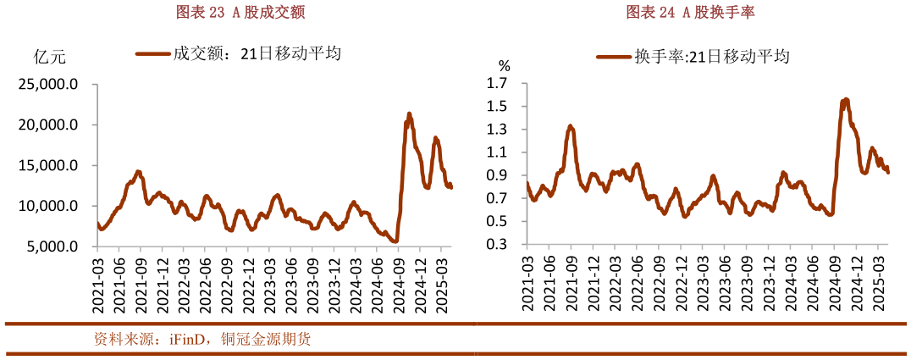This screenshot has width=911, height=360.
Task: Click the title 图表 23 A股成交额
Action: click(240, 12)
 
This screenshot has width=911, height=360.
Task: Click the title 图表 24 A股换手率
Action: click(691, 12)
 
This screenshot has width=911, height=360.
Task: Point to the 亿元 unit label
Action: click(48, 58)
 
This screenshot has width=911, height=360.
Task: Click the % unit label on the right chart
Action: click(505, 65)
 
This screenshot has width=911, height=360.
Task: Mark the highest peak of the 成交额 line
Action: click(409, 114)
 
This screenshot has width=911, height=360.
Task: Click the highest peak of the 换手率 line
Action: click(846, 99)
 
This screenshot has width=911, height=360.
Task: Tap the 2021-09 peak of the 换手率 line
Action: click(571, 126)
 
